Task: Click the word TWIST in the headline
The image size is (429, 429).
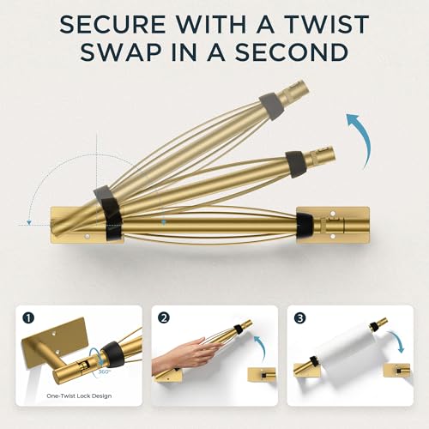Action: click(327, 24)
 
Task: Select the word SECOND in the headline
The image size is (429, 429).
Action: click(292, 51)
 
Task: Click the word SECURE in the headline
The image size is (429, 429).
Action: click(112, 24)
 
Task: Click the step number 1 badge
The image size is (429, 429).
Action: click(29, 318)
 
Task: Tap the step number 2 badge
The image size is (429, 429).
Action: click(164, 318)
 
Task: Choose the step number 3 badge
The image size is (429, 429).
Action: click(300, 318)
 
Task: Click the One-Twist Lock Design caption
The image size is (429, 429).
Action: click(79, 396)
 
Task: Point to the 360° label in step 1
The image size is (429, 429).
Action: click(103, 372)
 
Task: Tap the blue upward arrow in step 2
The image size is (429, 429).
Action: click(260, 347)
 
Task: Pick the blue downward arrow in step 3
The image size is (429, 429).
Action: click(397, 341)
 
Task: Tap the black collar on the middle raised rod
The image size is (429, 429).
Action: click(296, 165)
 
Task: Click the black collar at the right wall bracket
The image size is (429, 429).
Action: click(305, 226)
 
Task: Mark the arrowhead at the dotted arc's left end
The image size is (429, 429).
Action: click(28, 222)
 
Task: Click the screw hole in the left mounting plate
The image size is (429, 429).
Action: click(87, 237)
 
